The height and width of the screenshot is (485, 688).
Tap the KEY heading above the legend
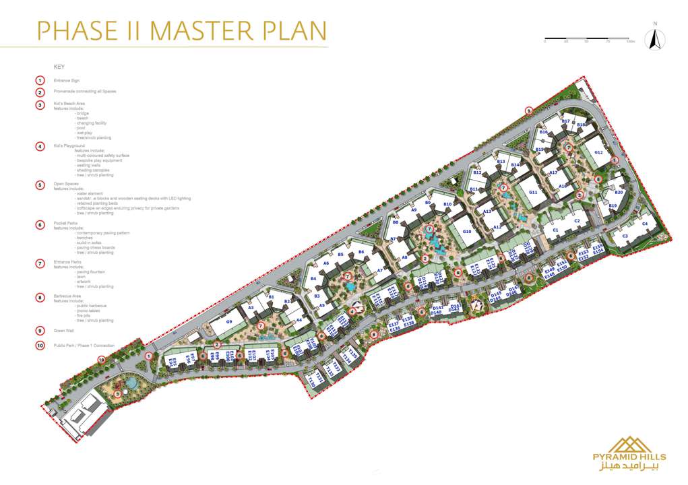click(x=59, y=67)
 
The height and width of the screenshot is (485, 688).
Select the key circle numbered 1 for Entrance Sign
click(x=40, y=81)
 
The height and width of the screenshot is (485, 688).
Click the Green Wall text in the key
click(x=64, y=331)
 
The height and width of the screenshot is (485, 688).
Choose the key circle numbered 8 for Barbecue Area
click(x=40, y=296)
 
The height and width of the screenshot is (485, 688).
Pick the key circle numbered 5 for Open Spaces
click(x=40, y=184)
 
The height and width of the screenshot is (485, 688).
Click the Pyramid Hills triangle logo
click(x=627, y=444)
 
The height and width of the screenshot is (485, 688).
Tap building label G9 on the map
click(x=228, y=322)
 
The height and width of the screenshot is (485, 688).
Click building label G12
click(x=598, y=153)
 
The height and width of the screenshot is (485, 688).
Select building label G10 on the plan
click(x=468, y=232)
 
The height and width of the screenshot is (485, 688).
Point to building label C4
click(x=644, y=224)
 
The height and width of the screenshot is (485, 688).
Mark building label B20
click(x=619, y=193)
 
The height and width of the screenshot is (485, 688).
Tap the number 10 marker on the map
click(x=101, y=360)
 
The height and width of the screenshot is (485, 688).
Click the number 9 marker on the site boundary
click(x=529, y=110)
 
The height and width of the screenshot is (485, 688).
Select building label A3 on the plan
click(x=250, y=308)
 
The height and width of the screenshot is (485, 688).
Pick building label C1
click(x=555, y=230)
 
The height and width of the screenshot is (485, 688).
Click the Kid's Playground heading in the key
click(x=69, y=145)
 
